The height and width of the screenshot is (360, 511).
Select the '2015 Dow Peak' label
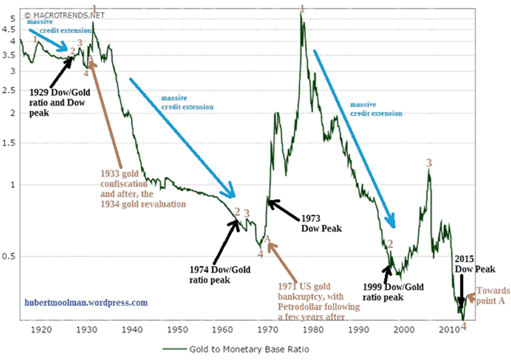click(x=473, y=264)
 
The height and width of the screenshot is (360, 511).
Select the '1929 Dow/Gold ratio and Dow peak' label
click(x=61, y=102)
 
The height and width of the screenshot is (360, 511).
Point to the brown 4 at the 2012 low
click(x=464, y=326)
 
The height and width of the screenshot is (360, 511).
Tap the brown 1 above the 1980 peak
click(x=302, y=8)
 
